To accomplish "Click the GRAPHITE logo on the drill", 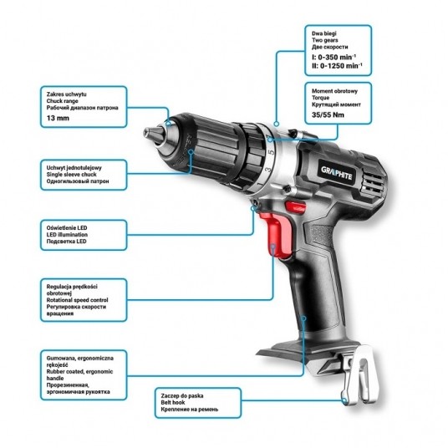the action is pyautogui.click(x=337, y=172).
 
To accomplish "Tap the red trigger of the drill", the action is pyautogui.click(x=277, y=234).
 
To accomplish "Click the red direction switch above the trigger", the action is pyautogui.click(x=295, y=206).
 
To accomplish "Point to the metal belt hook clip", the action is pyautogui.click(x=361, y=374).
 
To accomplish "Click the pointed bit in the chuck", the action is pyautogui.click(x=154, y=135).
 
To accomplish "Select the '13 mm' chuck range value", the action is pyautogui.click(x=58, y=118).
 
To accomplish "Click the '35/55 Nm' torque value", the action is pyautogui.click(x=328, y=115).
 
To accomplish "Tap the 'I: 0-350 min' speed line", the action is pyautogui.click(x=334, y=57).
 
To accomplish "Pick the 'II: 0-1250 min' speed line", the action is pyautogui.click(x=337, y=66).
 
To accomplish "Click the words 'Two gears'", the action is pyautogui.click(x=325, y=40).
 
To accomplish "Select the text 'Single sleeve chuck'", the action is pyautogui.click(x=71, y=175).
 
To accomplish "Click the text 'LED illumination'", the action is pyautogui.click(x=67, y=235).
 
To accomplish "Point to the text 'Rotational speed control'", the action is pyautogui.click(x=78, y=300).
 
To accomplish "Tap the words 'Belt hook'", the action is pyautogui.click(x=173, y=403).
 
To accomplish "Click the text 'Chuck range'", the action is pyautogui.click(x=63, y=101).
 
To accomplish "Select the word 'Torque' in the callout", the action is pyautogui.click(x=321, y=98).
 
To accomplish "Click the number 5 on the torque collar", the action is pyautogui.click(x=272, y=151).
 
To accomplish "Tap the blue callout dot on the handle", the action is pyautogui.click(x=304, y=318).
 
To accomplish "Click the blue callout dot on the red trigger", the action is pyautogui.click(x=273, y=247).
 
